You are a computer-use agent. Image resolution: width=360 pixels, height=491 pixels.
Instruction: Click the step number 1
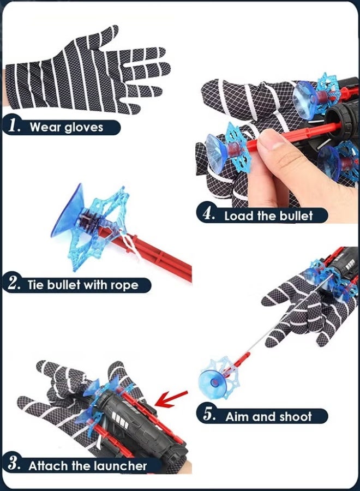(14, 127)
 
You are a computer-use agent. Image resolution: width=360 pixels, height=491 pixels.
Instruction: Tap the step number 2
(14, 285)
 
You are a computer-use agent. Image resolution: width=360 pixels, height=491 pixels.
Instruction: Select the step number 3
(15, 465)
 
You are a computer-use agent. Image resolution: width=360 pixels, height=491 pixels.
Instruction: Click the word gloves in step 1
(83, 128)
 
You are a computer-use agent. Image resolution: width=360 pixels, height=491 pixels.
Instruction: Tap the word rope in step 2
(123, 285)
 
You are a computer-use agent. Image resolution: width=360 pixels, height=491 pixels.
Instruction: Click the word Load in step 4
(239, 215)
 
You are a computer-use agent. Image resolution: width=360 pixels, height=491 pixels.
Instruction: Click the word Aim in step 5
(237, 417)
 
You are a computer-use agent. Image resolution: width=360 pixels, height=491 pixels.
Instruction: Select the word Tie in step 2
(38, 285)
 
